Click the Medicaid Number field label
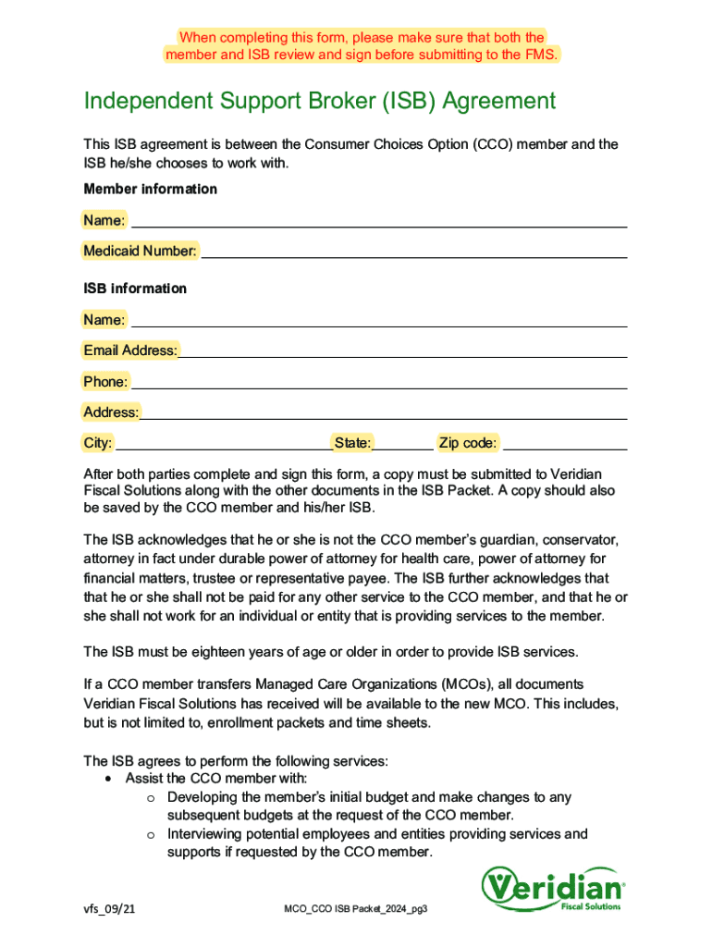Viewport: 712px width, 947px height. click(140, 251)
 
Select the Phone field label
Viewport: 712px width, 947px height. click(105, 381)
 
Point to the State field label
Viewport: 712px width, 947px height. click(353, 443)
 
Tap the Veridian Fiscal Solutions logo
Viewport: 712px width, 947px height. click(553, 889)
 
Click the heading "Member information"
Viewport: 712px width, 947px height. click(150, 189)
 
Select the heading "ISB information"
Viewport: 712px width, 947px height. click(135, 289)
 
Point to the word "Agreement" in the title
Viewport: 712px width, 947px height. click(498, 100)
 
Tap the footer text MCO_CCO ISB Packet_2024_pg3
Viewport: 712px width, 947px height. click(356, 910)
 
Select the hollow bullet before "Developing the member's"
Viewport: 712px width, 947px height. click(150, 797)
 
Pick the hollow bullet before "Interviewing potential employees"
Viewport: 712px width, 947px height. click(150, 834)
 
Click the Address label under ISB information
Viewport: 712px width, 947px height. click(111, 412)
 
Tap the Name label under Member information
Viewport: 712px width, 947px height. click(104, 220)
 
